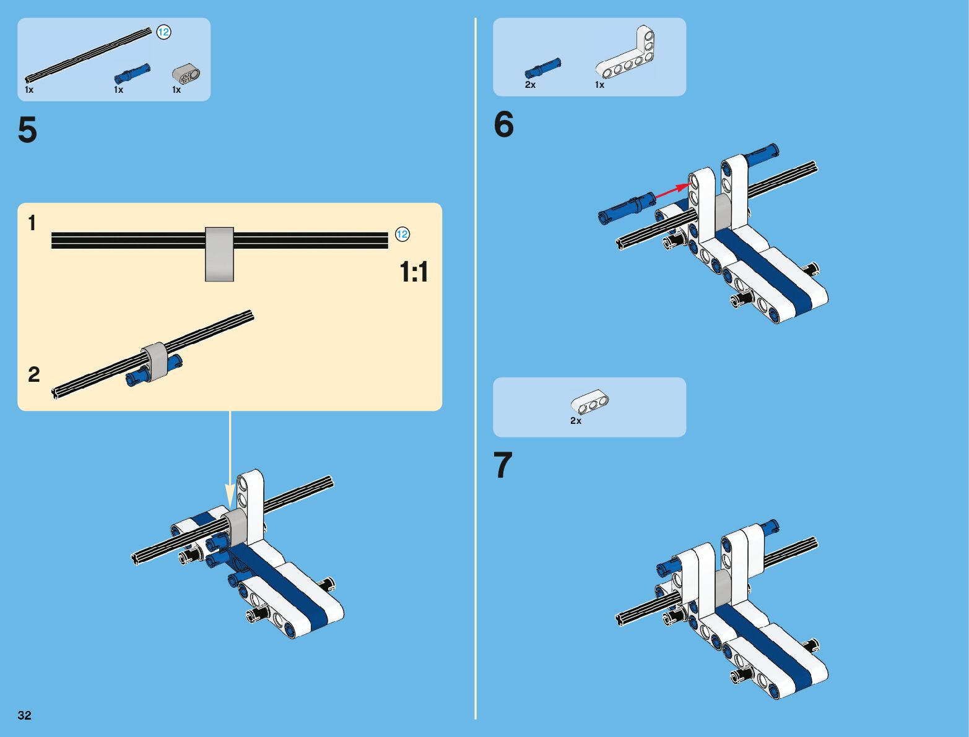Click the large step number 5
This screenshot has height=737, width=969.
point(27,130)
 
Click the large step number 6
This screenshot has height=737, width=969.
point(504,124)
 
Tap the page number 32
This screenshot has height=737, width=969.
point(24,715)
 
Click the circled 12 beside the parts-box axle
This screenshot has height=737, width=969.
point(164,32)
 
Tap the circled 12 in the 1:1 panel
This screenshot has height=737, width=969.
point(402,234)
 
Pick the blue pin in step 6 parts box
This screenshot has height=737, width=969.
point(542,69)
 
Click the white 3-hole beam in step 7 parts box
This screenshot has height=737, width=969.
point(589,402)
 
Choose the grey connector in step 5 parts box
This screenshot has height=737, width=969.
point(186,74)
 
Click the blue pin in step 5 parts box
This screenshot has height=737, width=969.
point(132,74)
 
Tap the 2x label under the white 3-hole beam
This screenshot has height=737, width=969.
point(576,421)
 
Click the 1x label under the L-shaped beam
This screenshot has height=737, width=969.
point(599,85)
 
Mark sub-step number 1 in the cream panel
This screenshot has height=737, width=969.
point(32,223)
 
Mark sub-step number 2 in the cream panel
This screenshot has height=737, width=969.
point(34,374)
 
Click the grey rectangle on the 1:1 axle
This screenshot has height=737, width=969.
point(219,254)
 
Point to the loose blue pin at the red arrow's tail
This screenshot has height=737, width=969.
point(627,208)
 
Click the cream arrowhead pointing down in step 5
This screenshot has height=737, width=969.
point(230,496)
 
